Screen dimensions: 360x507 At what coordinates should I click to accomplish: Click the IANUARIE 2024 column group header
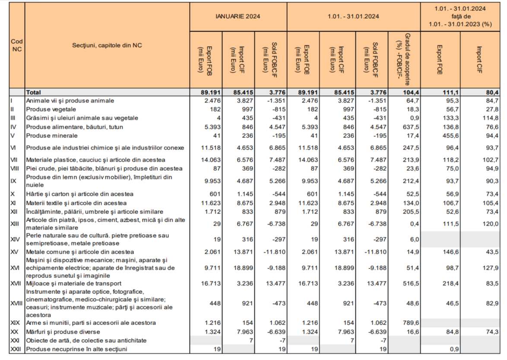(x=238, y=16)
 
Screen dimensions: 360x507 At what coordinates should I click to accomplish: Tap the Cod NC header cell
(x=17, y=45)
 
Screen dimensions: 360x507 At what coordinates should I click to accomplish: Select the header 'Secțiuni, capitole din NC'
(x=106, y=45)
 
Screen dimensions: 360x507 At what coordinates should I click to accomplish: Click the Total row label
(x=33, y=92)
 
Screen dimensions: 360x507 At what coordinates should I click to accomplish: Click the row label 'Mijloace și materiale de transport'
(x=74, y=284)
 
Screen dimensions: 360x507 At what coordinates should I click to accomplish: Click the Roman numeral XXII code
(x=16, y=349)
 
